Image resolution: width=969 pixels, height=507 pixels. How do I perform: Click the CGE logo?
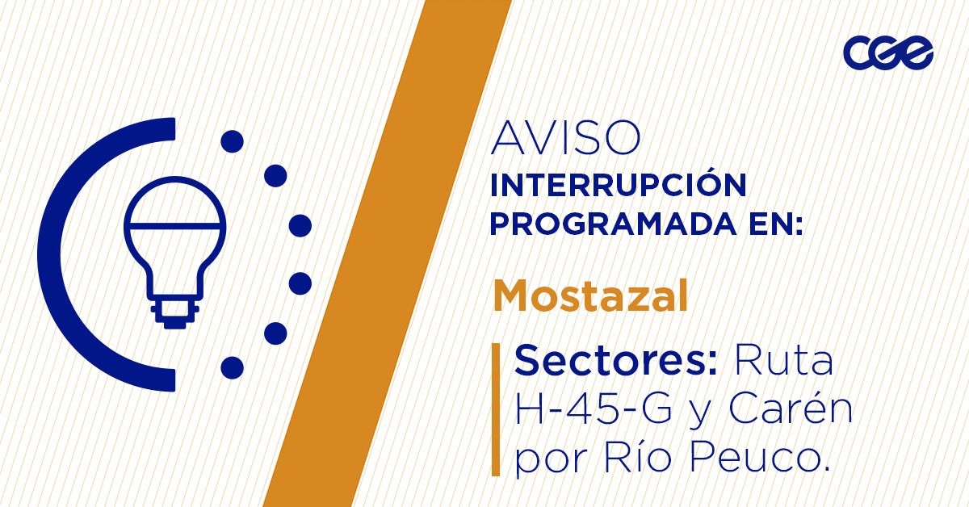tap(887, 53)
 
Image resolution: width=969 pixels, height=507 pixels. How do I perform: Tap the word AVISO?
tap(565, 139)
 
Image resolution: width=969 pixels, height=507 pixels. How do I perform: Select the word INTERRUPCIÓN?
tap(619, 186)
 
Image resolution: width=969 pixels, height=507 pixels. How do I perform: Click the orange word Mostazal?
tap(590, 296)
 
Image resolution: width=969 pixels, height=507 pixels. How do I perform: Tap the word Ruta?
tap(782, 360)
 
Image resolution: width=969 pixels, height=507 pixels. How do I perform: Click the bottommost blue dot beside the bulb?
tap(233, 367)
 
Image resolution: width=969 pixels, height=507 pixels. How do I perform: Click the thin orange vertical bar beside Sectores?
tap(495, 409)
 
